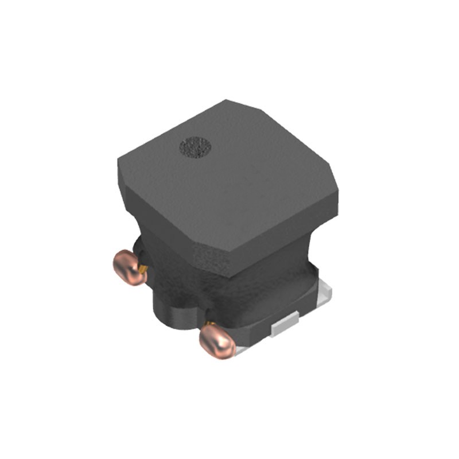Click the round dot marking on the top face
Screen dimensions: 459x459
[196, 147]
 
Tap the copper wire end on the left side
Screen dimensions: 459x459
[128, 266]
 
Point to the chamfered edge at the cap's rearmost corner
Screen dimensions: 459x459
[241, 104]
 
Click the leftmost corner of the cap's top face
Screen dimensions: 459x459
[119, 166]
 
